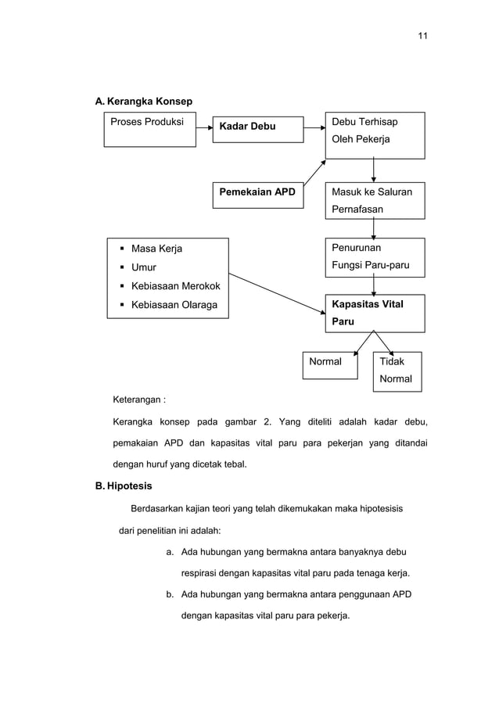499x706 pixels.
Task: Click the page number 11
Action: pyautogui.click(x=422, y=36)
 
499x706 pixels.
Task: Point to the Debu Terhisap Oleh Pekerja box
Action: pyautogui.click(x=375, y=134)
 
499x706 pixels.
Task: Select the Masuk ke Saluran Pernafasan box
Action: pyautogui.click(x=375, y=200)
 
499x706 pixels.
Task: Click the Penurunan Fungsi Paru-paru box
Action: pyautogui.click(x=375, y=257)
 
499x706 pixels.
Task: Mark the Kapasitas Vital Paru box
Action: pyautogui.click(x=375, y=313)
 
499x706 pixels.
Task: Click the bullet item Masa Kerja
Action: pyautogui.click(x=156, y=249)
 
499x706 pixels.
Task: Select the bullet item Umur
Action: pyautogui.click(x=144, y=267)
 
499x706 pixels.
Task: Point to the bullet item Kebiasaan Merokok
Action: pyautogui.click(x=175, y=286)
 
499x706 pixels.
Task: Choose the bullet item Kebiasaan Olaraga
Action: pyautogui.click(x=174, y=305)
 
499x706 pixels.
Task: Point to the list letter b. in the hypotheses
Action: pyautogui.click(x=170, y=595)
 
